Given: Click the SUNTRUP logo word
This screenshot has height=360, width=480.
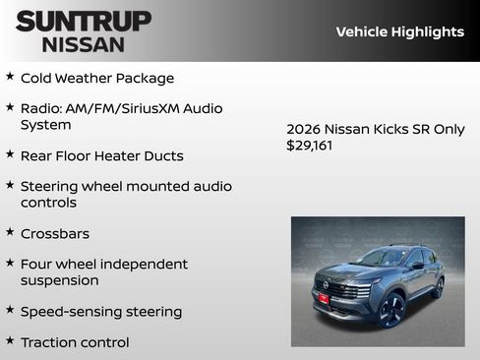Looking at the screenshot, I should pos(84,21).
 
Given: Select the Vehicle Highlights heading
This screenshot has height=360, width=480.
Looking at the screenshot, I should pos(399,31).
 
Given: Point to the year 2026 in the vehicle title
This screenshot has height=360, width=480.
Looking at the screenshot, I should pos(303,129).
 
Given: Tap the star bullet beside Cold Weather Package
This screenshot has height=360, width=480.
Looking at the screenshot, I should pos(10,76).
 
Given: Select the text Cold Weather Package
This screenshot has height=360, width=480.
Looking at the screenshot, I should pos(97,78).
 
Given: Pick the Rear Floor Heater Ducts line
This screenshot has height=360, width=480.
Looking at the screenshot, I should pos(101,155).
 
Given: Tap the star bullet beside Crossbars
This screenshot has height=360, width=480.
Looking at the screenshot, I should pos(10,232).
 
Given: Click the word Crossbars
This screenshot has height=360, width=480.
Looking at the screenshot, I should pos(55,234).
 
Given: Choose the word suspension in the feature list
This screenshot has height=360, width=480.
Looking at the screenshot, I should pos(59,280).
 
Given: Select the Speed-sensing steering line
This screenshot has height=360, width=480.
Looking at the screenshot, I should pos(101,312).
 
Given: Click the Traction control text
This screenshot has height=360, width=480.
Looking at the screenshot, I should pos(75,342).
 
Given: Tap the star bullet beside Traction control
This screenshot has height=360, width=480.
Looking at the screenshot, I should pos(10,340).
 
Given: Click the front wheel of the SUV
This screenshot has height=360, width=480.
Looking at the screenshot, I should pos(391,310).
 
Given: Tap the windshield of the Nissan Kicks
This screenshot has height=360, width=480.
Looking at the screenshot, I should pos(384,258).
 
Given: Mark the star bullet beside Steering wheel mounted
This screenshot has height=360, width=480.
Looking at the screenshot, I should pos(10,184).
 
